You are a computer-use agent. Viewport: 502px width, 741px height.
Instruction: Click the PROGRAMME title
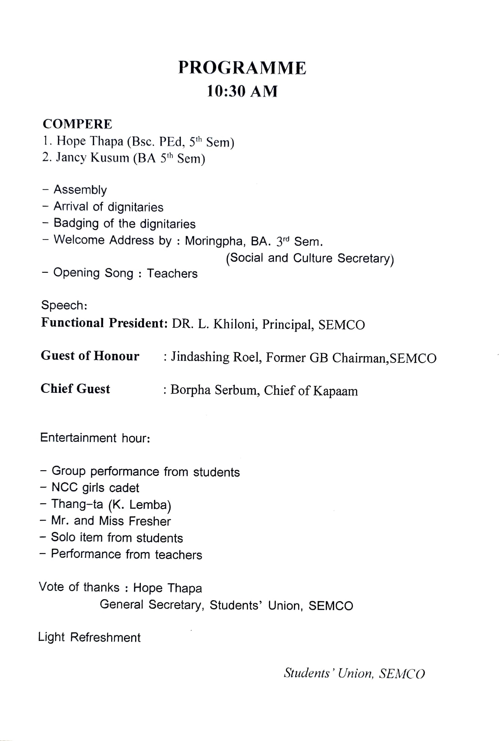[242, 68]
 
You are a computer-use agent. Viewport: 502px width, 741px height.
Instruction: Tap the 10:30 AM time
[242, 91]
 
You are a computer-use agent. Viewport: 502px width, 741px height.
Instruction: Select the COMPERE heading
[77, 124]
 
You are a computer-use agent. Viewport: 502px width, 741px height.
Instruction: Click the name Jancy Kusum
[93, 158]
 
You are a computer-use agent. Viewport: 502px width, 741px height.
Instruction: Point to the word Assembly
[80, 190]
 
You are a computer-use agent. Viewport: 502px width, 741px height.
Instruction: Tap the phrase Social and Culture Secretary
[310, 258]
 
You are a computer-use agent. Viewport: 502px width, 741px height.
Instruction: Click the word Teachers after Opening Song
[172, 273]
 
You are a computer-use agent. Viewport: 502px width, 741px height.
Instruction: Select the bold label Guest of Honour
[90, 356]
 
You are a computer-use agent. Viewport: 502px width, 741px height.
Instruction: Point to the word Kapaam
[335, 391]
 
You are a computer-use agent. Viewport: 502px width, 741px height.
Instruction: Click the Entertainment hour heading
[95, 438]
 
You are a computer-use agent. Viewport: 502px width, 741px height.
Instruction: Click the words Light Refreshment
[89, 637]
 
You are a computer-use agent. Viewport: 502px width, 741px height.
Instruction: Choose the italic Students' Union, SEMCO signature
[354, 673]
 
